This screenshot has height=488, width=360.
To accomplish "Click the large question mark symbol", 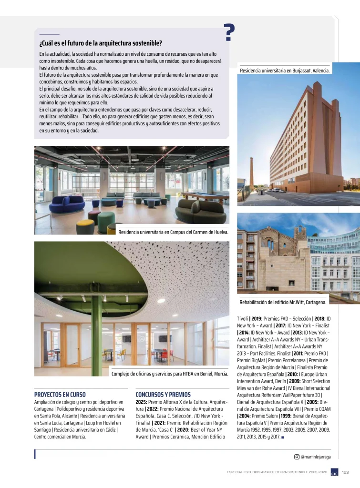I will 229,32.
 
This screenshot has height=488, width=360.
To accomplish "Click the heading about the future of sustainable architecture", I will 101,43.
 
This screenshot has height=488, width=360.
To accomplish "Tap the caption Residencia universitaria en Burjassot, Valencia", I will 285,71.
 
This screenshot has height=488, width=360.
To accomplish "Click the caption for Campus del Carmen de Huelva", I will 173,233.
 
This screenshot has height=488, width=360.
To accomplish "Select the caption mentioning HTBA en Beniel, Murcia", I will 169,374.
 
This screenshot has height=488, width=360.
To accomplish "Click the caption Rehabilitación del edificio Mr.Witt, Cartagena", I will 283,302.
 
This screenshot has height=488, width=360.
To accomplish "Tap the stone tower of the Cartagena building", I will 300,238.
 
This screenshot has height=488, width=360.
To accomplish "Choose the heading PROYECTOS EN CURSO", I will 60,395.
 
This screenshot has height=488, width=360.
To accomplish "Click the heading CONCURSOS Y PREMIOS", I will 163,395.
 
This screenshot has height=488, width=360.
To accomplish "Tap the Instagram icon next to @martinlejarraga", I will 297,457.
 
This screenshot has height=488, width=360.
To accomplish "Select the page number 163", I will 346,472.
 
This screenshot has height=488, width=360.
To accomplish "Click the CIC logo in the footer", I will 335,472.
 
